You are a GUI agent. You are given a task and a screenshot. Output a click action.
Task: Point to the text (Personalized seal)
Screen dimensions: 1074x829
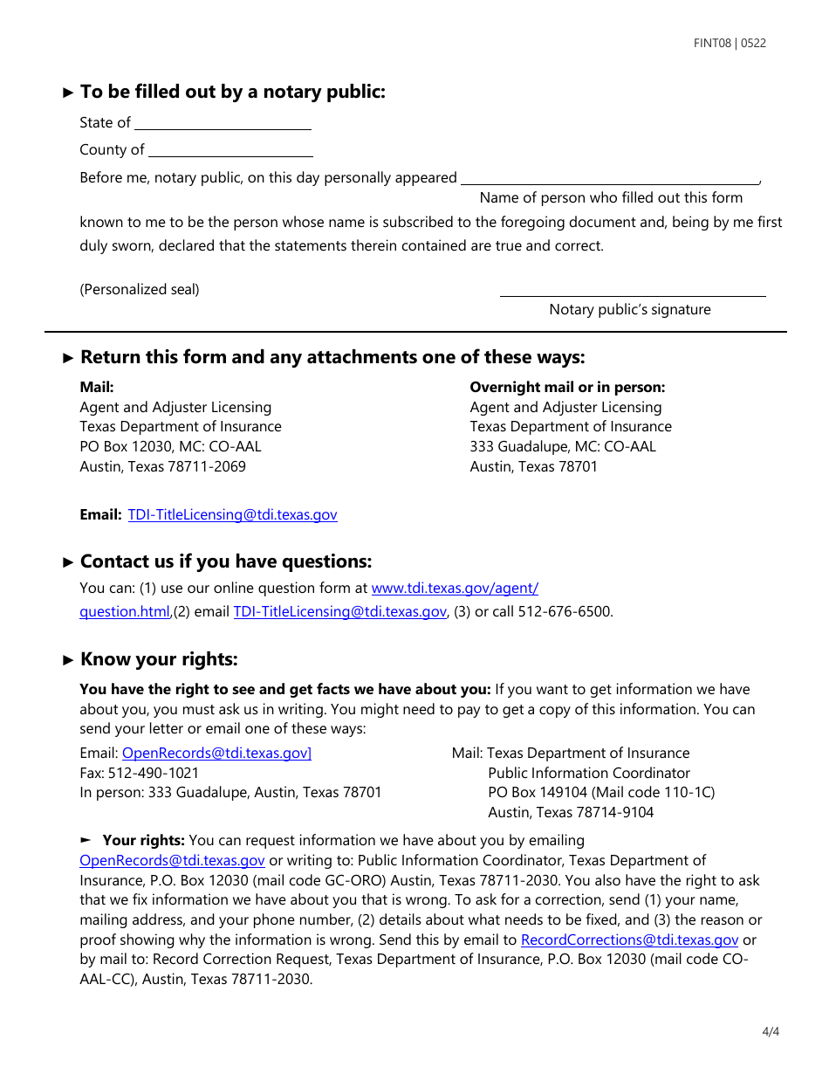(140, 290)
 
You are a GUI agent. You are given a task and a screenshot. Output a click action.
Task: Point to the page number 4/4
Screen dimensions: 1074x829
(771, 1031)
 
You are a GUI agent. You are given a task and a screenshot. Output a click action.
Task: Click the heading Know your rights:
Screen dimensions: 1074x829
(159, 659)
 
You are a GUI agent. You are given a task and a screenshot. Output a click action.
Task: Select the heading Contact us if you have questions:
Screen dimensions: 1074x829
(225, 561)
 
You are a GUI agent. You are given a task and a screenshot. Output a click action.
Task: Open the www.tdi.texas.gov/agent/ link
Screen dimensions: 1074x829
(455, 589)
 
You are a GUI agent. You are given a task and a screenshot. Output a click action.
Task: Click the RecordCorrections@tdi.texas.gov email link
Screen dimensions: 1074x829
(629, 940)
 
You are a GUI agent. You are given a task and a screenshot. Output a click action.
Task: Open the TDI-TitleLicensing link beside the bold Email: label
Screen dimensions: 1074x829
(232, 515)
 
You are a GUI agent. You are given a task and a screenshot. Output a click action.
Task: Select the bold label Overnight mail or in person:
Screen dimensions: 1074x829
(567, 387)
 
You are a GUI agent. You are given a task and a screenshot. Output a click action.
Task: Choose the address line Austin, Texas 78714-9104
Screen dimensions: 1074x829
(571, 813)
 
